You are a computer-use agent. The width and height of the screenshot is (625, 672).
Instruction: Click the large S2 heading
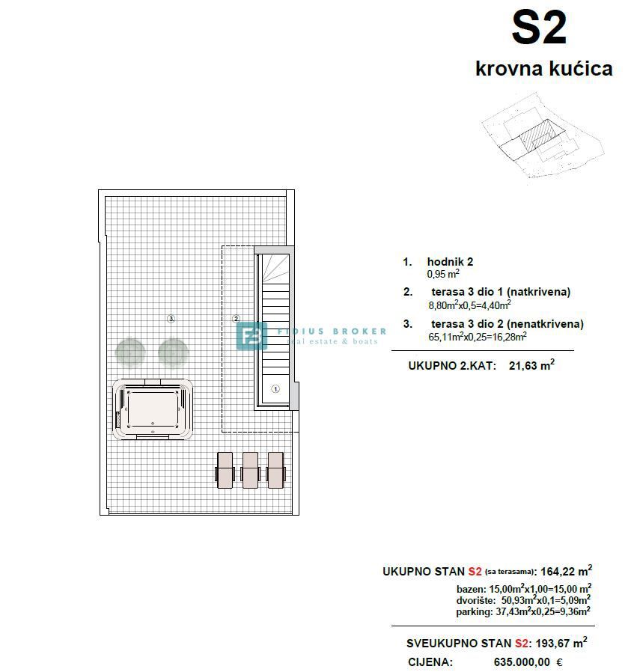pos(538,29)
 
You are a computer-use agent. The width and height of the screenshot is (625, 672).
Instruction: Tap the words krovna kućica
pos(543,69)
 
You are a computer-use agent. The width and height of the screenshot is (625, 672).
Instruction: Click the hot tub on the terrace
pos(153,411)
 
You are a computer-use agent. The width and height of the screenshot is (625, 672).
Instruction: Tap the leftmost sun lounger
pos(225,470)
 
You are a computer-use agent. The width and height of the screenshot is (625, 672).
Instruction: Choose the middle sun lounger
pos(250,470)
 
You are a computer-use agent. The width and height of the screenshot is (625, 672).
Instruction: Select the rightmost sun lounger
pos(275,470)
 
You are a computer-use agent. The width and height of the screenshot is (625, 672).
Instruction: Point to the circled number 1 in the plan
pos(275,389)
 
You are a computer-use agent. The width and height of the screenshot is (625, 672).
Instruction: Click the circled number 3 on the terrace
pos(171,319)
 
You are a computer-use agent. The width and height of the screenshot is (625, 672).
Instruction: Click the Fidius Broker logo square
pos(251,335)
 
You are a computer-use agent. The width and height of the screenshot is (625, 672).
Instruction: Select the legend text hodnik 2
pos(450,262)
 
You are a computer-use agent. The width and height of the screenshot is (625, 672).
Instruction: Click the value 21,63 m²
pos(530,366)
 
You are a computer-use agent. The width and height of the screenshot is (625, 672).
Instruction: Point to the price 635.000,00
pos(521,662)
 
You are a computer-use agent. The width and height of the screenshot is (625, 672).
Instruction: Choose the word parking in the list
pos(473,611)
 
